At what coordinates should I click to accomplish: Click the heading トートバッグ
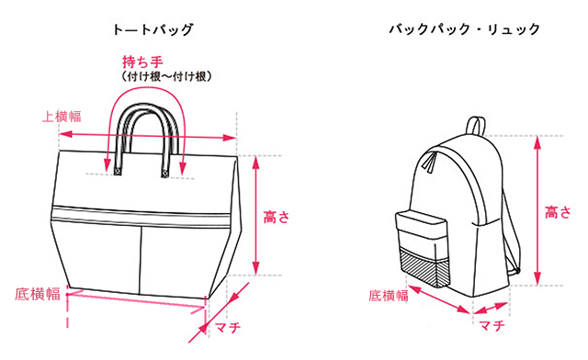[153, 29]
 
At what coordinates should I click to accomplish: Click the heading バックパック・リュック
[465, 29]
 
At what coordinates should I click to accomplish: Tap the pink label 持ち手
[142, 62]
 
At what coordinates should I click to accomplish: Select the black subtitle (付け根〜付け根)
[166, 77]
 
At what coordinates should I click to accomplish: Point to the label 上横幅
[62, 117]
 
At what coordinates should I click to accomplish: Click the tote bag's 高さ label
[277, 217]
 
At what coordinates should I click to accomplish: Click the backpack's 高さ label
[558, 212]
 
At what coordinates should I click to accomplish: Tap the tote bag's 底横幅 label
[38, 294]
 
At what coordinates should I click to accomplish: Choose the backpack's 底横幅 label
[389, 296]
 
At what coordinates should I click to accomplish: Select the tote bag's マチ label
[228, 327]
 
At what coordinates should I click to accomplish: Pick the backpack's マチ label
[492, 325]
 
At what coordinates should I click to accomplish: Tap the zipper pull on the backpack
[431, 163]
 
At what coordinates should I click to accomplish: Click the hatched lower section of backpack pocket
[424, 268]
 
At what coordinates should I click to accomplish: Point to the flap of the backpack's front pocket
[421, 223]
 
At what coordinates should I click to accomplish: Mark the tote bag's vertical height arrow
[255, 215]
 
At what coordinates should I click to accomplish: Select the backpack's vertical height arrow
[537, 210]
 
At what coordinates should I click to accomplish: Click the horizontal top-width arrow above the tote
[148, 136]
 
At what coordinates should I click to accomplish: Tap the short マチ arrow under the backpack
[491, 309]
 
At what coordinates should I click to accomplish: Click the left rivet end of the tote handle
[117, 172]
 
